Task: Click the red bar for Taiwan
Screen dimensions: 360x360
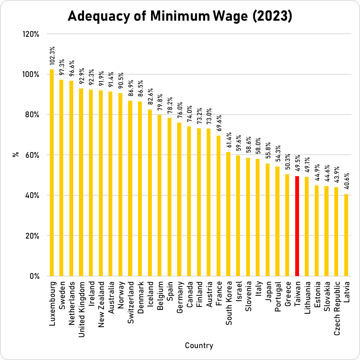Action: (297, 226)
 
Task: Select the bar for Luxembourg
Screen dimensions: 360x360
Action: (52, 172)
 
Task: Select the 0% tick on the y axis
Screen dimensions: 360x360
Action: (35, 276)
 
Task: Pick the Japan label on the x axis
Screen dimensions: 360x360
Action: (268, 292)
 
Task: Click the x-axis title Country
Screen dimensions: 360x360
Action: (199, 345)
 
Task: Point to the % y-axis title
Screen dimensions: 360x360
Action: (16, 155)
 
